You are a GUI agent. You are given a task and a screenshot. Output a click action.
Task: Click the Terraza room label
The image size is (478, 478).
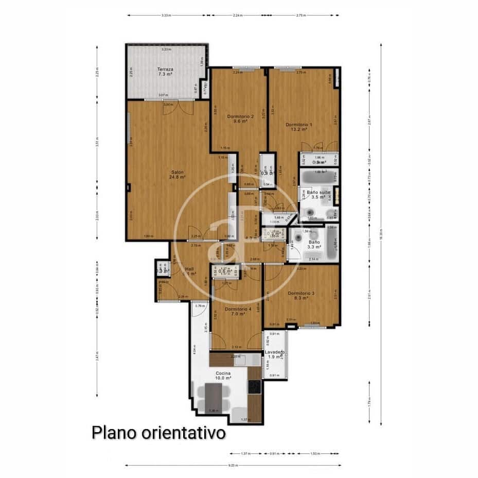click(x=165, y=71)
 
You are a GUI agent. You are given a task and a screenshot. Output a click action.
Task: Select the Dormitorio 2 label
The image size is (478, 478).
click(x=240, y=119)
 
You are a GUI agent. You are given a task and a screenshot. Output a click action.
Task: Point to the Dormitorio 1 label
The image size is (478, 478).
click(x=299, y=127)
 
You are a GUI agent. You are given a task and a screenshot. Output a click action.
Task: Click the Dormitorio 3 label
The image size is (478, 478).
click(x=300, y=295)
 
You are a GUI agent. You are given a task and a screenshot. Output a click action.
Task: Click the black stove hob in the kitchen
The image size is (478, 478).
click(x=254, y=386)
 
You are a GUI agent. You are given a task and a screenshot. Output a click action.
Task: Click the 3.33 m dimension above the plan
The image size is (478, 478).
click(x=165, y=15)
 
